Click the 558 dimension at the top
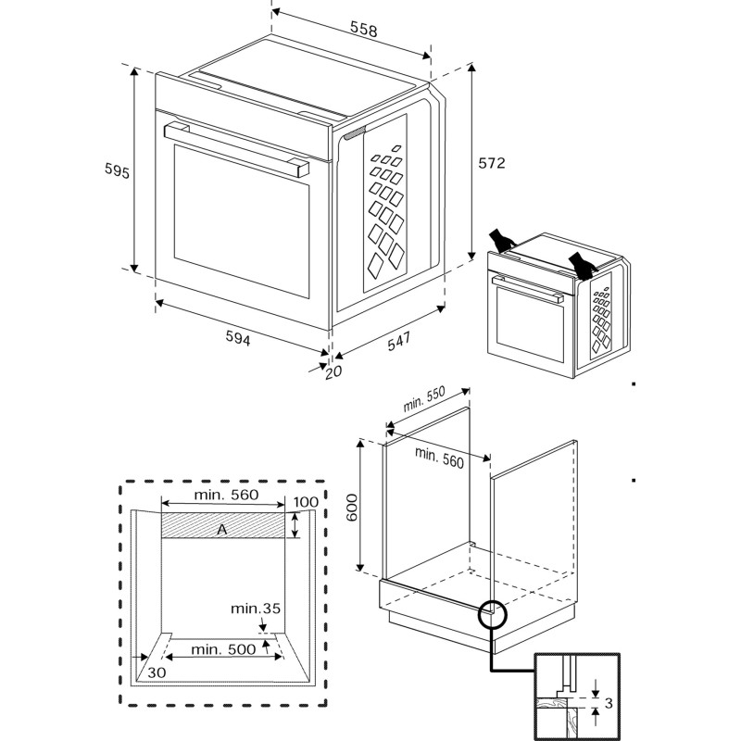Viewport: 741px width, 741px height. click(x=364, y=30)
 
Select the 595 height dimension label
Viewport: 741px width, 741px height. click(x=117, y=172)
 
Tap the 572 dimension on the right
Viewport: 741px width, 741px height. click(x=491, y=163)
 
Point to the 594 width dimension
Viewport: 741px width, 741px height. click(x=238, y=339)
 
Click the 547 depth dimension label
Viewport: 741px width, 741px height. click(x=398, y=342)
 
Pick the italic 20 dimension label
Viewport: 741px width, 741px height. click(x=333, y=372)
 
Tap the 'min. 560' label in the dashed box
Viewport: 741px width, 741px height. click(x=225, y=496)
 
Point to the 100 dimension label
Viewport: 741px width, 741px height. click(x=305, y=503)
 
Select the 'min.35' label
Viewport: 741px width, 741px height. click(x=256, y=609)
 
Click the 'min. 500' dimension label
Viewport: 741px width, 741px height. click(x=222, y=649)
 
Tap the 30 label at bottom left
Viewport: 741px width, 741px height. click(x=157, y=673)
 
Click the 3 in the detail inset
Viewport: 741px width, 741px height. click(x=608, y=704)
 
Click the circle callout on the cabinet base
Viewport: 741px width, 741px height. click(x=492, y=613)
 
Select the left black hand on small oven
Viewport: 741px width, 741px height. click(x=503, y=240)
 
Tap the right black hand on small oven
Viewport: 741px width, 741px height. click(x=582, y=263)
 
